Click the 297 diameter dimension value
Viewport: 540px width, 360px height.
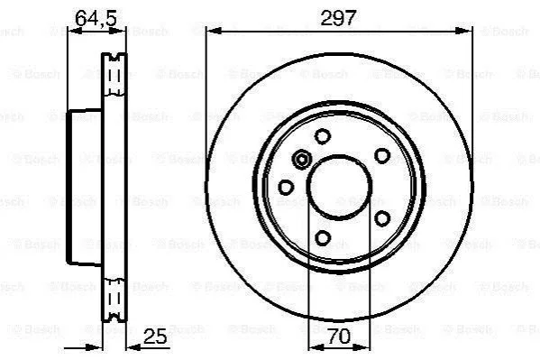(x=337, y=18)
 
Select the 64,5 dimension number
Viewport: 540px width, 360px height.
(x=96, y=18)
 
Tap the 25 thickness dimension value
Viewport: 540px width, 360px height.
(x=155, y=336)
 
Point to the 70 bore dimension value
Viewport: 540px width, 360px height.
(x=339, y=336)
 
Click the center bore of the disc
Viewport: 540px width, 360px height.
(x=340, y=187)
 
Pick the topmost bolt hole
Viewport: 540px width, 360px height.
(x=323, y=136)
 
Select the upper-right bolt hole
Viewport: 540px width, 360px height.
(x=382, y=156)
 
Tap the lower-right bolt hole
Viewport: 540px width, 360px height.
(x=382, y=218)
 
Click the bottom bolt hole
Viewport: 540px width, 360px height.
(x=323, y=237)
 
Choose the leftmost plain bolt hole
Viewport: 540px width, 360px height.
(x=286, y=188)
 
